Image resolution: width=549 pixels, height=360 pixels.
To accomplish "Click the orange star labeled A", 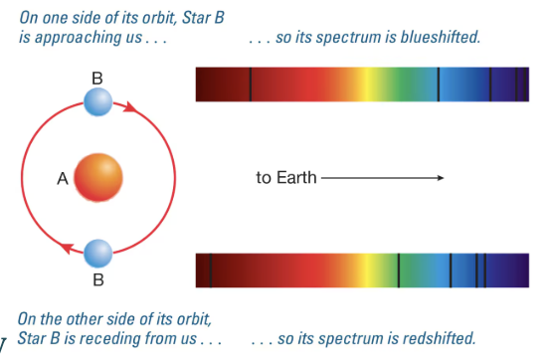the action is (98, 178).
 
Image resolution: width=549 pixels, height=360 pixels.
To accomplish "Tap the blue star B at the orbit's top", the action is (98, 101).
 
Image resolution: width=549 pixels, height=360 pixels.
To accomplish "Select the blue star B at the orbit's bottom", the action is (98, 254).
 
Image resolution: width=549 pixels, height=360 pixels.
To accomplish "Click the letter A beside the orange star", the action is (63, 179).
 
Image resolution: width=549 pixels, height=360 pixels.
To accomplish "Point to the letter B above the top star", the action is (97, 79).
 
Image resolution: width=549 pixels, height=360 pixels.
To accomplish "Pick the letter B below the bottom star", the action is (98, 279).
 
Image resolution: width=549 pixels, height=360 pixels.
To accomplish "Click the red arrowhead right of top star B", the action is (130, 107).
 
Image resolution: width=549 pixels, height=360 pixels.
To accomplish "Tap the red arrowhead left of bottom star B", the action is (67, 249).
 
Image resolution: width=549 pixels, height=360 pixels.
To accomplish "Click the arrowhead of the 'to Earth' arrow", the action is (441, 178).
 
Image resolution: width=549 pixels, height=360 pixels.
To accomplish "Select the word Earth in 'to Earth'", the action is (296, 178).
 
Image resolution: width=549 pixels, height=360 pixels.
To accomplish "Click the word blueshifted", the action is (441, 37).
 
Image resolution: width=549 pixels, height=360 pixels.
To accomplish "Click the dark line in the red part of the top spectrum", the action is (251, 85).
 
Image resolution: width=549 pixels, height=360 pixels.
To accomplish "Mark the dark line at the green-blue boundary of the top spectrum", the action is (439, 85).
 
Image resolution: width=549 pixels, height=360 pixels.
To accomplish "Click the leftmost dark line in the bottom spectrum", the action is (211, 270).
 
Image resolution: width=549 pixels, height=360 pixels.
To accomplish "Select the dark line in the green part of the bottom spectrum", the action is (399, 270).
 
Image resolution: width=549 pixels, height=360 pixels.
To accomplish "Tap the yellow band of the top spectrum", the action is (367, 85).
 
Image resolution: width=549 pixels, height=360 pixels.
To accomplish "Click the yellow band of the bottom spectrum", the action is (368, 270).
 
